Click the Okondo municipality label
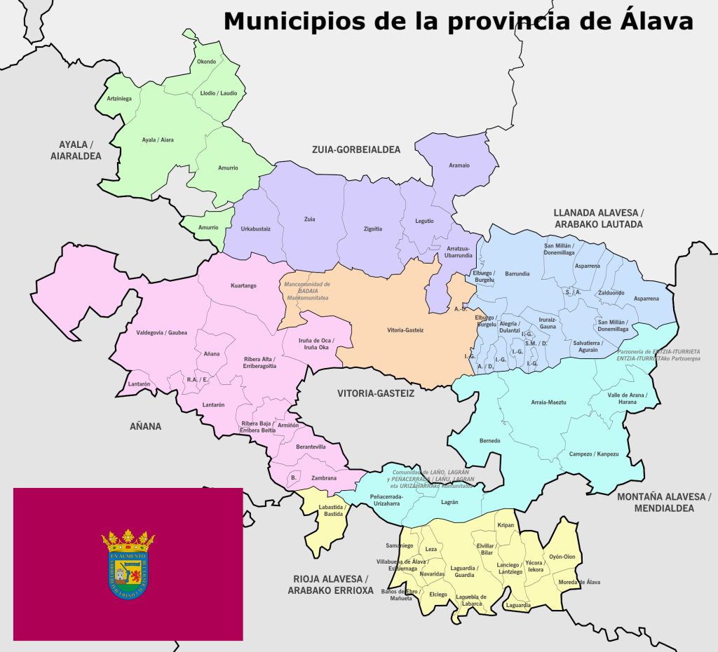point(206,62)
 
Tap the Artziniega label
point(119,98)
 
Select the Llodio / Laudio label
point(219,93)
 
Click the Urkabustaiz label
point(255,229)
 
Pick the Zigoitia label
point(373,229)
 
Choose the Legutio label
point(424,221)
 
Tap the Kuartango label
point(244,285)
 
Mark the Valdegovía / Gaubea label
point(162,332)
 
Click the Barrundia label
point(517,273)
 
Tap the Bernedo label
point(489,440)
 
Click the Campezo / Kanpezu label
point(594,454)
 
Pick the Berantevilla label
point(311,447)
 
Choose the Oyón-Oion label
point(562,557)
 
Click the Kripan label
point(506,525)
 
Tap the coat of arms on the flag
point(128,564)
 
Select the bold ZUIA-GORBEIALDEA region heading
point(356,150)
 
